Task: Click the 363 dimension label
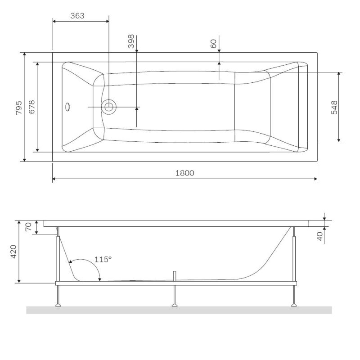78,16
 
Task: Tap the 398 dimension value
131,41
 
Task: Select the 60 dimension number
214,44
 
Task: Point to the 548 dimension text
334,107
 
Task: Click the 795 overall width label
18,107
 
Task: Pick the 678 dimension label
31,107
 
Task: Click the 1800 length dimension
185,174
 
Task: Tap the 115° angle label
103,260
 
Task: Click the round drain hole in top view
108,107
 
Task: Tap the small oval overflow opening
68,107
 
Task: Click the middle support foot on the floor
175,305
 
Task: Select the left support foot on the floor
58,305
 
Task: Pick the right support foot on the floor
294,305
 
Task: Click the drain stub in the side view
175,275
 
